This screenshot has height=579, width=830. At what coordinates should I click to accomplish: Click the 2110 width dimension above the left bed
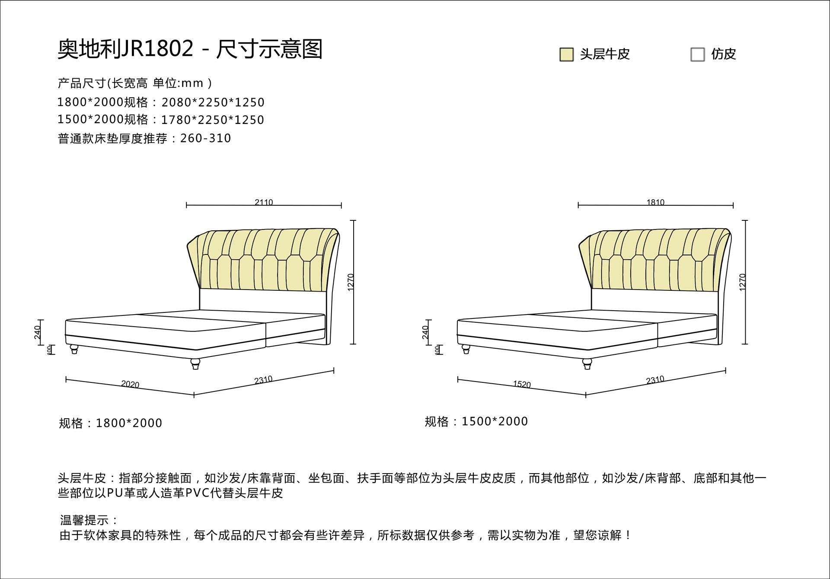click(x=264, y=202)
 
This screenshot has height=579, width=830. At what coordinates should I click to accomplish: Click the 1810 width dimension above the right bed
click(x=655, y=202)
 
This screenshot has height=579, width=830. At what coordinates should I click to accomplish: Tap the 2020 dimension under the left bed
click(x=130, y=384)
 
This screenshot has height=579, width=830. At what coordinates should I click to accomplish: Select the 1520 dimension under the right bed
click(x=522, y=384)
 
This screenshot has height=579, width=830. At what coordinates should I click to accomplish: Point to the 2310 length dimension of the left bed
click(x=263, y=380)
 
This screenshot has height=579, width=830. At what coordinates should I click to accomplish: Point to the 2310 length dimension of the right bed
click(x=655, y=380)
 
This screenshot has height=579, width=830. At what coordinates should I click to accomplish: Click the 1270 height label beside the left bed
click(x=351, y=282)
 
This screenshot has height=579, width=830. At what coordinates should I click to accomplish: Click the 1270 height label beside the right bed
click(x=743, y=282)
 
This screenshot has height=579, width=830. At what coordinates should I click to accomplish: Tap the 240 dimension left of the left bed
click(x=38, y=332)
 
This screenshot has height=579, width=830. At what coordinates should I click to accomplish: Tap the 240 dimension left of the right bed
click(x=425, y=332)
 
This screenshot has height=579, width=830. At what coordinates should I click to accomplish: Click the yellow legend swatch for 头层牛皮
click(x=566, y=54)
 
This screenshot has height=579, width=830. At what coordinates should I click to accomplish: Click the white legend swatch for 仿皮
click(x=697, y=54)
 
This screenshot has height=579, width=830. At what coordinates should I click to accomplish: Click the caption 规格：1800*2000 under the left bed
click(x=111, y=423)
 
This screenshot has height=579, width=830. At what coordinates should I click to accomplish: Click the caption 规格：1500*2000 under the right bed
click(x=476, y=421)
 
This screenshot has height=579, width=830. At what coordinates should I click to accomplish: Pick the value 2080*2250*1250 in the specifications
click(x=213, y=102)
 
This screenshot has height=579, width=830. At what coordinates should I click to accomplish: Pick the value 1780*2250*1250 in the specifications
click(x=213, y=120)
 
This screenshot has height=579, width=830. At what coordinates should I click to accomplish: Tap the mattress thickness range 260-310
click(x=206, y=138)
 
